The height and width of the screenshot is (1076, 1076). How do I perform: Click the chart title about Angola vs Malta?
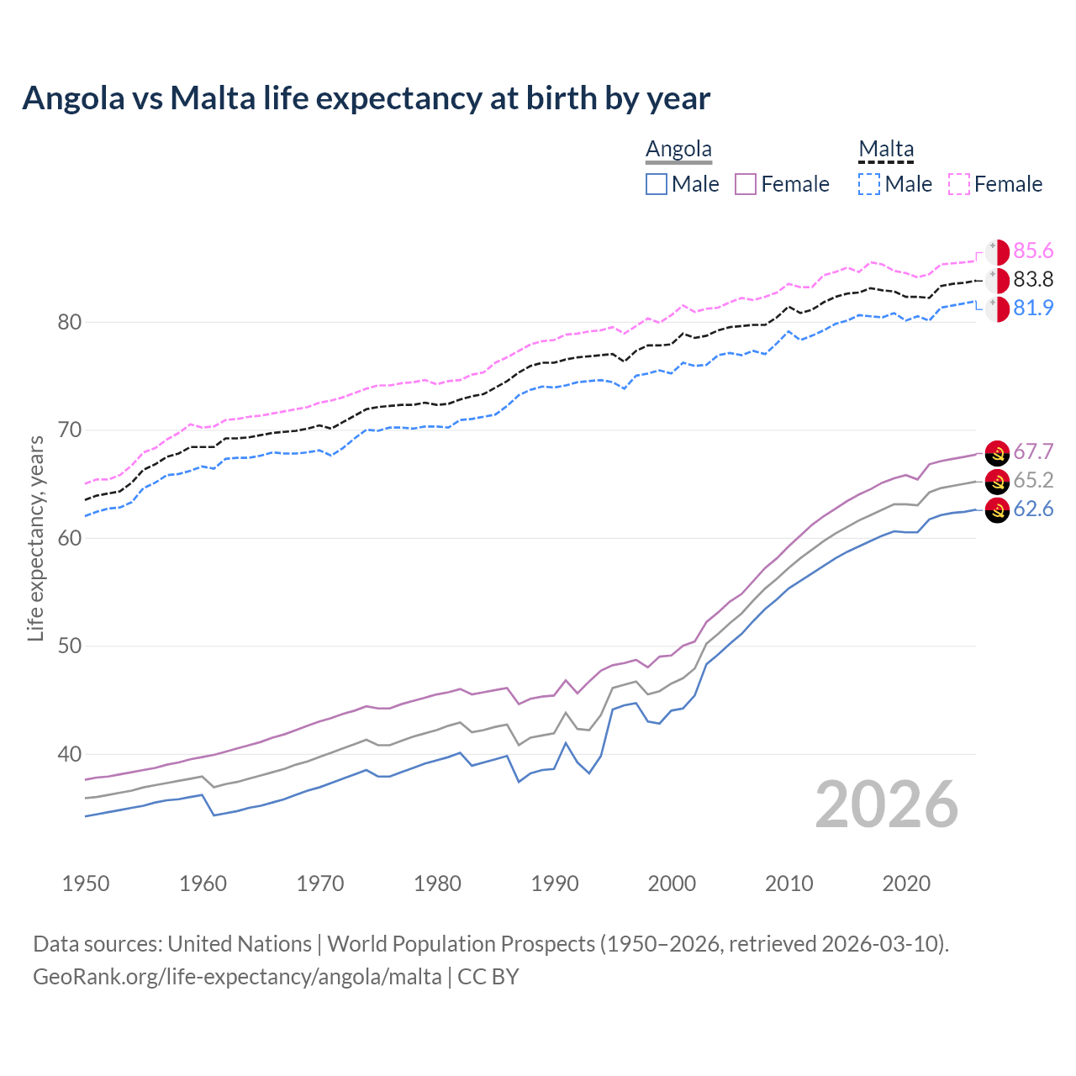(x=367, y=98)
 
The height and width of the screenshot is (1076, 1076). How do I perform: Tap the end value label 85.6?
(x=1033, y=251)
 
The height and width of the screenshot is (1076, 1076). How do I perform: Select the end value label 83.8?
(x=1033, y=280)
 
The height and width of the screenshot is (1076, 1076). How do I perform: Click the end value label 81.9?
(x=1033, y=309)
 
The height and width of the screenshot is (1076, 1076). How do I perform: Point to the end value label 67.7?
(x=1033, y=452)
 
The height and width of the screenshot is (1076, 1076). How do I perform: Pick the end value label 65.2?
(x=1033, y=481)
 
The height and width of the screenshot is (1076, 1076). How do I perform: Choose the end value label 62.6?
(x=1033, y=509)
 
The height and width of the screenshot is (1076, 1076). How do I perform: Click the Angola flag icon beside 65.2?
(x=997, y=482)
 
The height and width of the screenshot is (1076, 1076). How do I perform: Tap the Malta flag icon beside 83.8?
(x=997, y=281)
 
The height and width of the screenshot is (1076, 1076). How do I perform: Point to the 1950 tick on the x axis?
(x=86, y=883)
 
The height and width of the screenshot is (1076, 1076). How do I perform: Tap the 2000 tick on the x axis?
(x=672, y=883)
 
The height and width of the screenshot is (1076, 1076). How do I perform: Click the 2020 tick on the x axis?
(x=906, y=883)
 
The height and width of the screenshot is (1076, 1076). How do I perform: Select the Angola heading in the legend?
(x=678, y=150)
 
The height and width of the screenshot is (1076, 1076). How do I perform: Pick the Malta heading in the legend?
(x=886, y=150)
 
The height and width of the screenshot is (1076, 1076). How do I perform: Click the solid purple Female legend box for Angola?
(x=746, y=184)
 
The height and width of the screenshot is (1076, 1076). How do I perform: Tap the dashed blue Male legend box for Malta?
(x=869, y=184)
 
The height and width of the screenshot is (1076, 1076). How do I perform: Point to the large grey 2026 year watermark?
(x=887, y=805)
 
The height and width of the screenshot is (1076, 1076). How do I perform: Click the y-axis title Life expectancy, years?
(x=36, y=538)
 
